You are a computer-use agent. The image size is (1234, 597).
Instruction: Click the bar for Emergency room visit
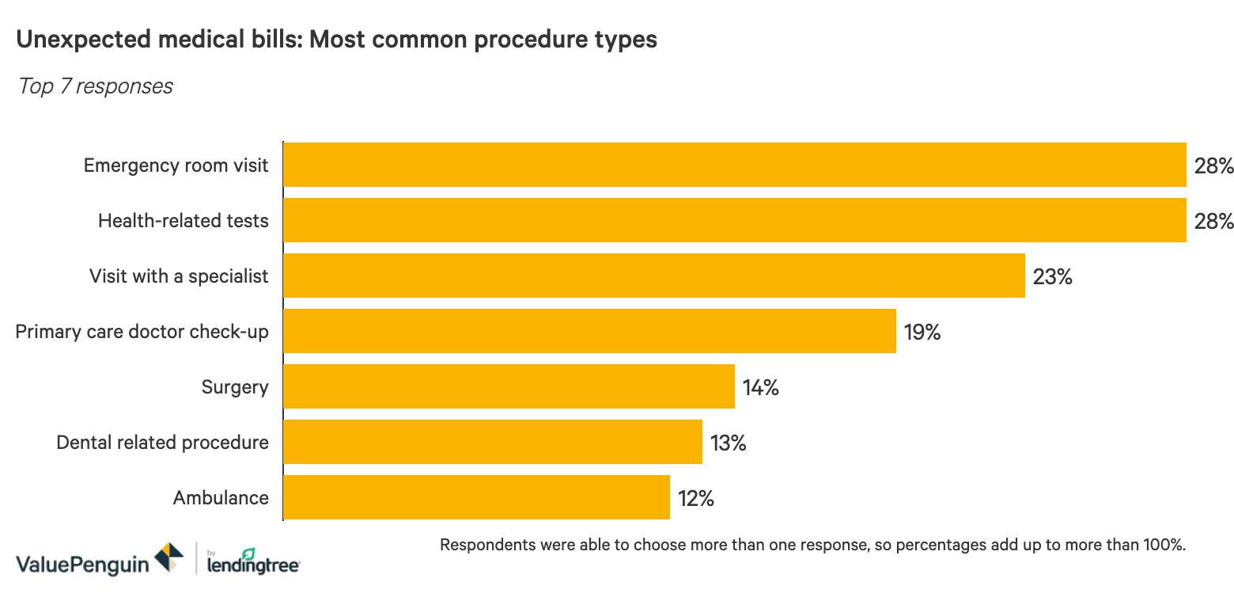(x=734, y=165)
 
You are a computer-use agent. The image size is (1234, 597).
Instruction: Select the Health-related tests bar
(x=734, y=220)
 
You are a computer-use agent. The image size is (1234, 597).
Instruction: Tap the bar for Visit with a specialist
(x=653, y=276)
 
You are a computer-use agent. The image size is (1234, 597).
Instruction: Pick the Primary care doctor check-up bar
(x=589, y=331)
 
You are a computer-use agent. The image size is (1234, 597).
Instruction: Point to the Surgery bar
(x=509, y=386)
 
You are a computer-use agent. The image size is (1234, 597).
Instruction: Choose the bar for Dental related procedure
(x=492, y=442)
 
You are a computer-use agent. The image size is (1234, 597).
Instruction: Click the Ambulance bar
(x=476, y=497)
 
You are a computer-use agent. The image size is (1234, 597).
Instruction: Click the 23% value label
(x=1052, y=276)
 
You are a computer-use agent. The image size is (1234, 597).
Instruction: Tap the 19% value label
(x=922, y=332)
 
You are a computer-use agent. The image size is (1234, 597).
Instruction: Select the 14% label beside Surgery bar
(x=761, y=387)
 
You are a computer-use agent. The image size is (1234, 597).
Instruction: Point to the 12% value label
(x=696, y=498)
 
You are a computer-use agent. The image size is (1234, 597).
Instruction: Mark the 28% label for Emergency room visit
(x=1213, y=165)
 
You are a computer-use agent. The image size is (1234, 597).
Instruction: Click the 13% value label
(x=729, y=443)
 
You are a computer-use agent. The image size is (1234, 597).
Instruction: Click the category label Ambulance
(x=221, y=498)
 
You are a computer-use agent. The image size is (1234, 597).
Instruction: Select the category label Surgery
(x=235, y=387)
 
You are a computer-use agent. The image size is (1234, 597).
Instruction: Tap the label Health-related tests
(x=184, y=221)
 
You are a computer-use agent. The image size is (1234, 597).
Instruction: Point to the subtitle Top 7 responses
(x=95, y=86)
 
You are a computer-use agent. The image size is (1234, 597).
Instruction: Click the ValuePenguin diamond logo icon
(x=168, y=558)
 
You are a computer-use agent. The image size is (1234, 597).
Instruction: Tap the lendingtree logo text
(x=252, y=565)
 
